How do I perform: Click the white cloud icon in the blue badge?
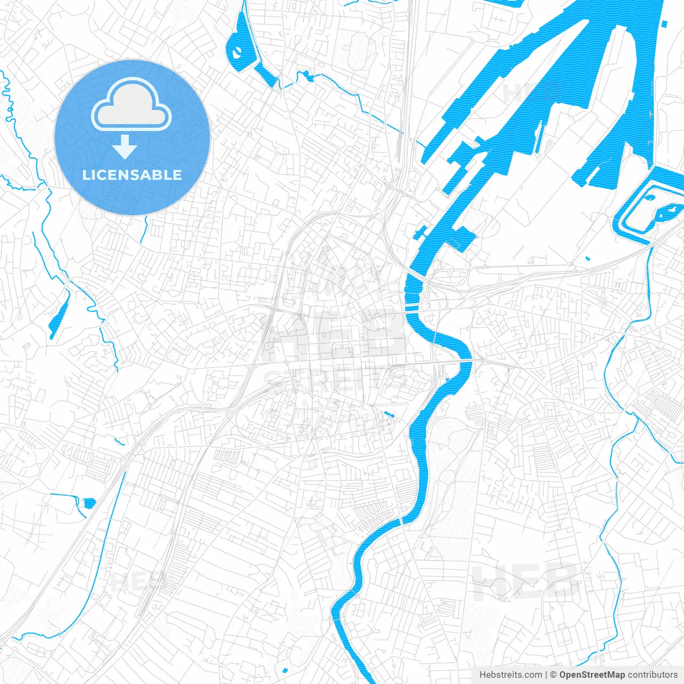point(131,104)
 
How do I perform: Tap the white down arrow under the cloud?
point(125,147)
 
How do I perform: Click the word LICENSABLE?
point(132,175)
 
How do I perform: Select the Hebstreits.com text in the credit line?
point(510,675)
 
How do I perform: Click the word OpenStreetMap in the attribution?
point(592,675)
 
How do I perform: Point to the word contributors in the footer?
point(652,675)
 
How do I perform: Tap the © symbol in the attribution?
point(554,675)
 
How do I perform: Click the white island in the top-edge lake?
point(236,52)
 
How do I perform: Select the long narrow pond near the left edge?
point(59,318)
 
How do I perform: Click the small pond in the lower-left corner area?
point(88,502)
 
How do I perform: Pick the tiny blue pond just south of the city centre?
point(387,414)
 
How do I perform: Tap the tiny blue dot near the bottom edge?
point(285,670)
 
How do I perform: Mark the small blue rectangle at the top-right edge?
point(664,24)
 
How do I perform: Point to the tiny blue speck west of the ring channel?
point(587,259)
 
